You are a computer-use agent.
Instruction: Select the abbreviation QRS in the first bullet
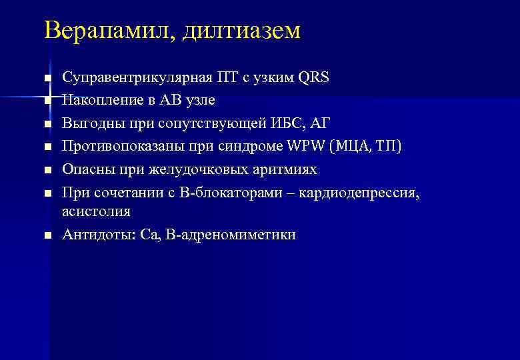(314, 77)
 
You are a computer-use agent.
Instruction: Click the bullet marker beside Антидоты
(47, 235)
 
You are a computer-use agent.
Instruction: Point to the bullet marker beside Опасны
(47, 171)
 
